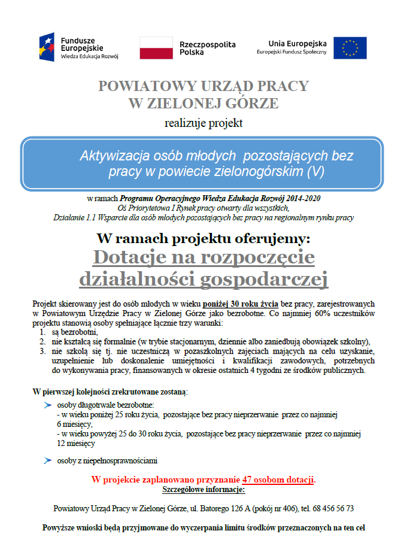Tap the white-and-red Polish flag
(x=156, y=47)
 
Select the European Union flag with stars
(x=350, y=48)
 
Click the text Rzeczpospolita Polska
(x=207, y=48)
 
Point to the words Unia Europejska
(x=297, y=43)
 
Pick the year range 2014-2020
(x=299, y=198)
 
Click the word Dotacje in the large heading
(x=136, y=257)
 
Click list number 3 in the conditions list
(x=42, y=351)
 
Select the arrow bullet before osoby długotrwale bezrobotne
(x=47, y=405)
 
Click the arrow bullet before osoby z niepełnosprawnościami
(x=47, y=460)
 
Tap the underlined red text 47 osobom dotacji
(x=278, y=480)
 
